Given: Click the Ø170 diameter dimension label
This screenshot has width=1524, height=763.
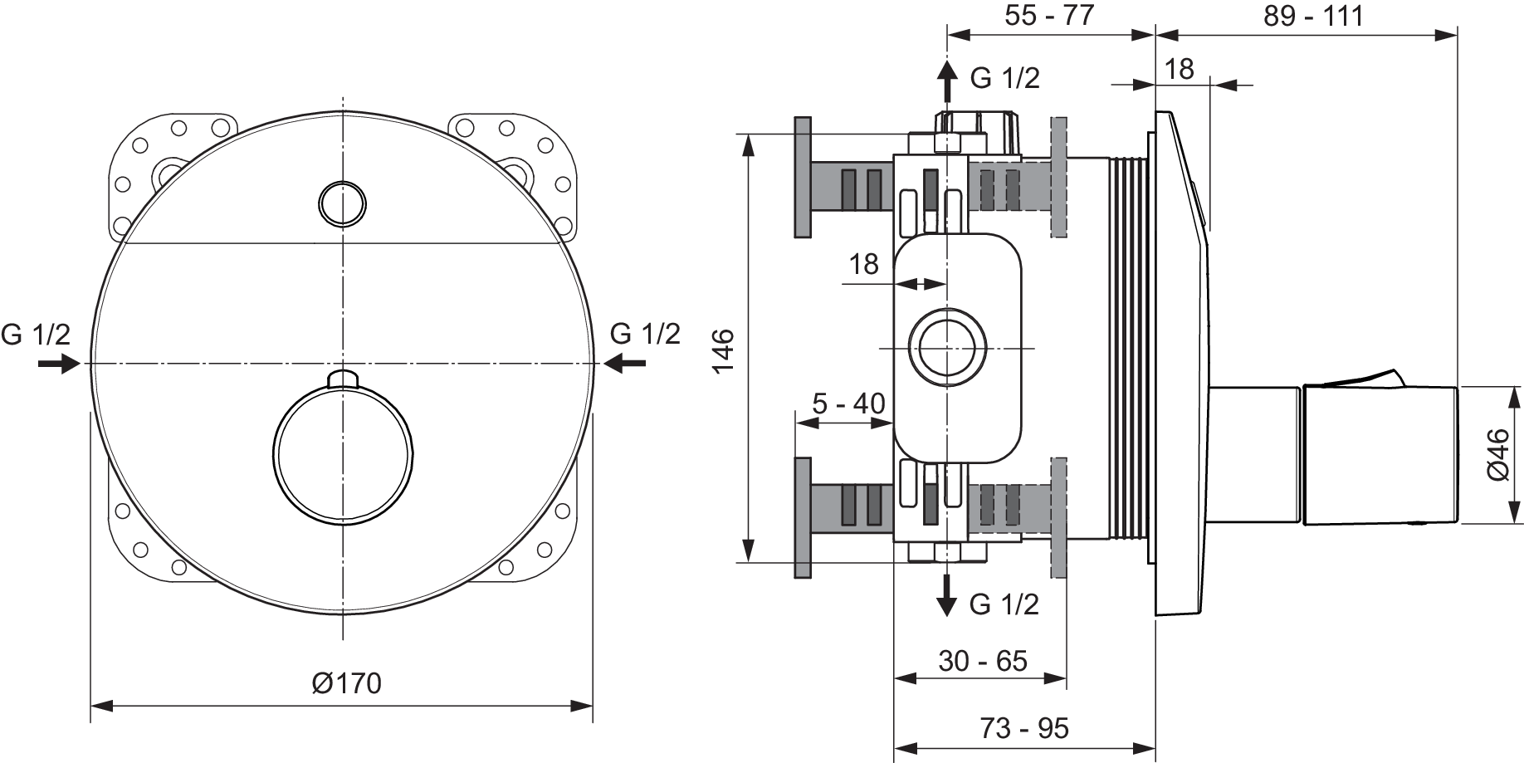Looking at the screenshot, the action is coord(346,682).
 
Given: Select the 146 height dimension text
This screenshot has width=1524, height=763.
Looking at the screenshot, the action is coord(723,350).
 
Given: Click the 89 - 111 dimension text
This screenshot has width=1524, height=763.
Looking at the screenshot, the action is coord(1313,15).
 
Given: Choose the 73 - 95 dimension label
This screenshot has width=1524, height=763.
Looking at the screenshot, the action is coord(1023,728).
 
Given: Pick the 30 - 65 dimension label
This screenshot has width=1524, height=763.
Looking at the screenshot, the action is coord(983,661).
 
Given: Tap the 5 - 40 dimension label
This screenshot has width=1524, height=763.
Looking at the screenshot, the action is coord(848,404).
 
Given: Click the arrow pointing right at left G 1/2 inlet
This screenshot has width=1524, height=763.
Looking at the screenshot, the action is coord(59,364).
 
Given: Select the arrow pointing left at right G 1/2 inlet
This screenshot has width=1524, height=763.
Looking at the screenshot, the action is coord(625,363).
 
